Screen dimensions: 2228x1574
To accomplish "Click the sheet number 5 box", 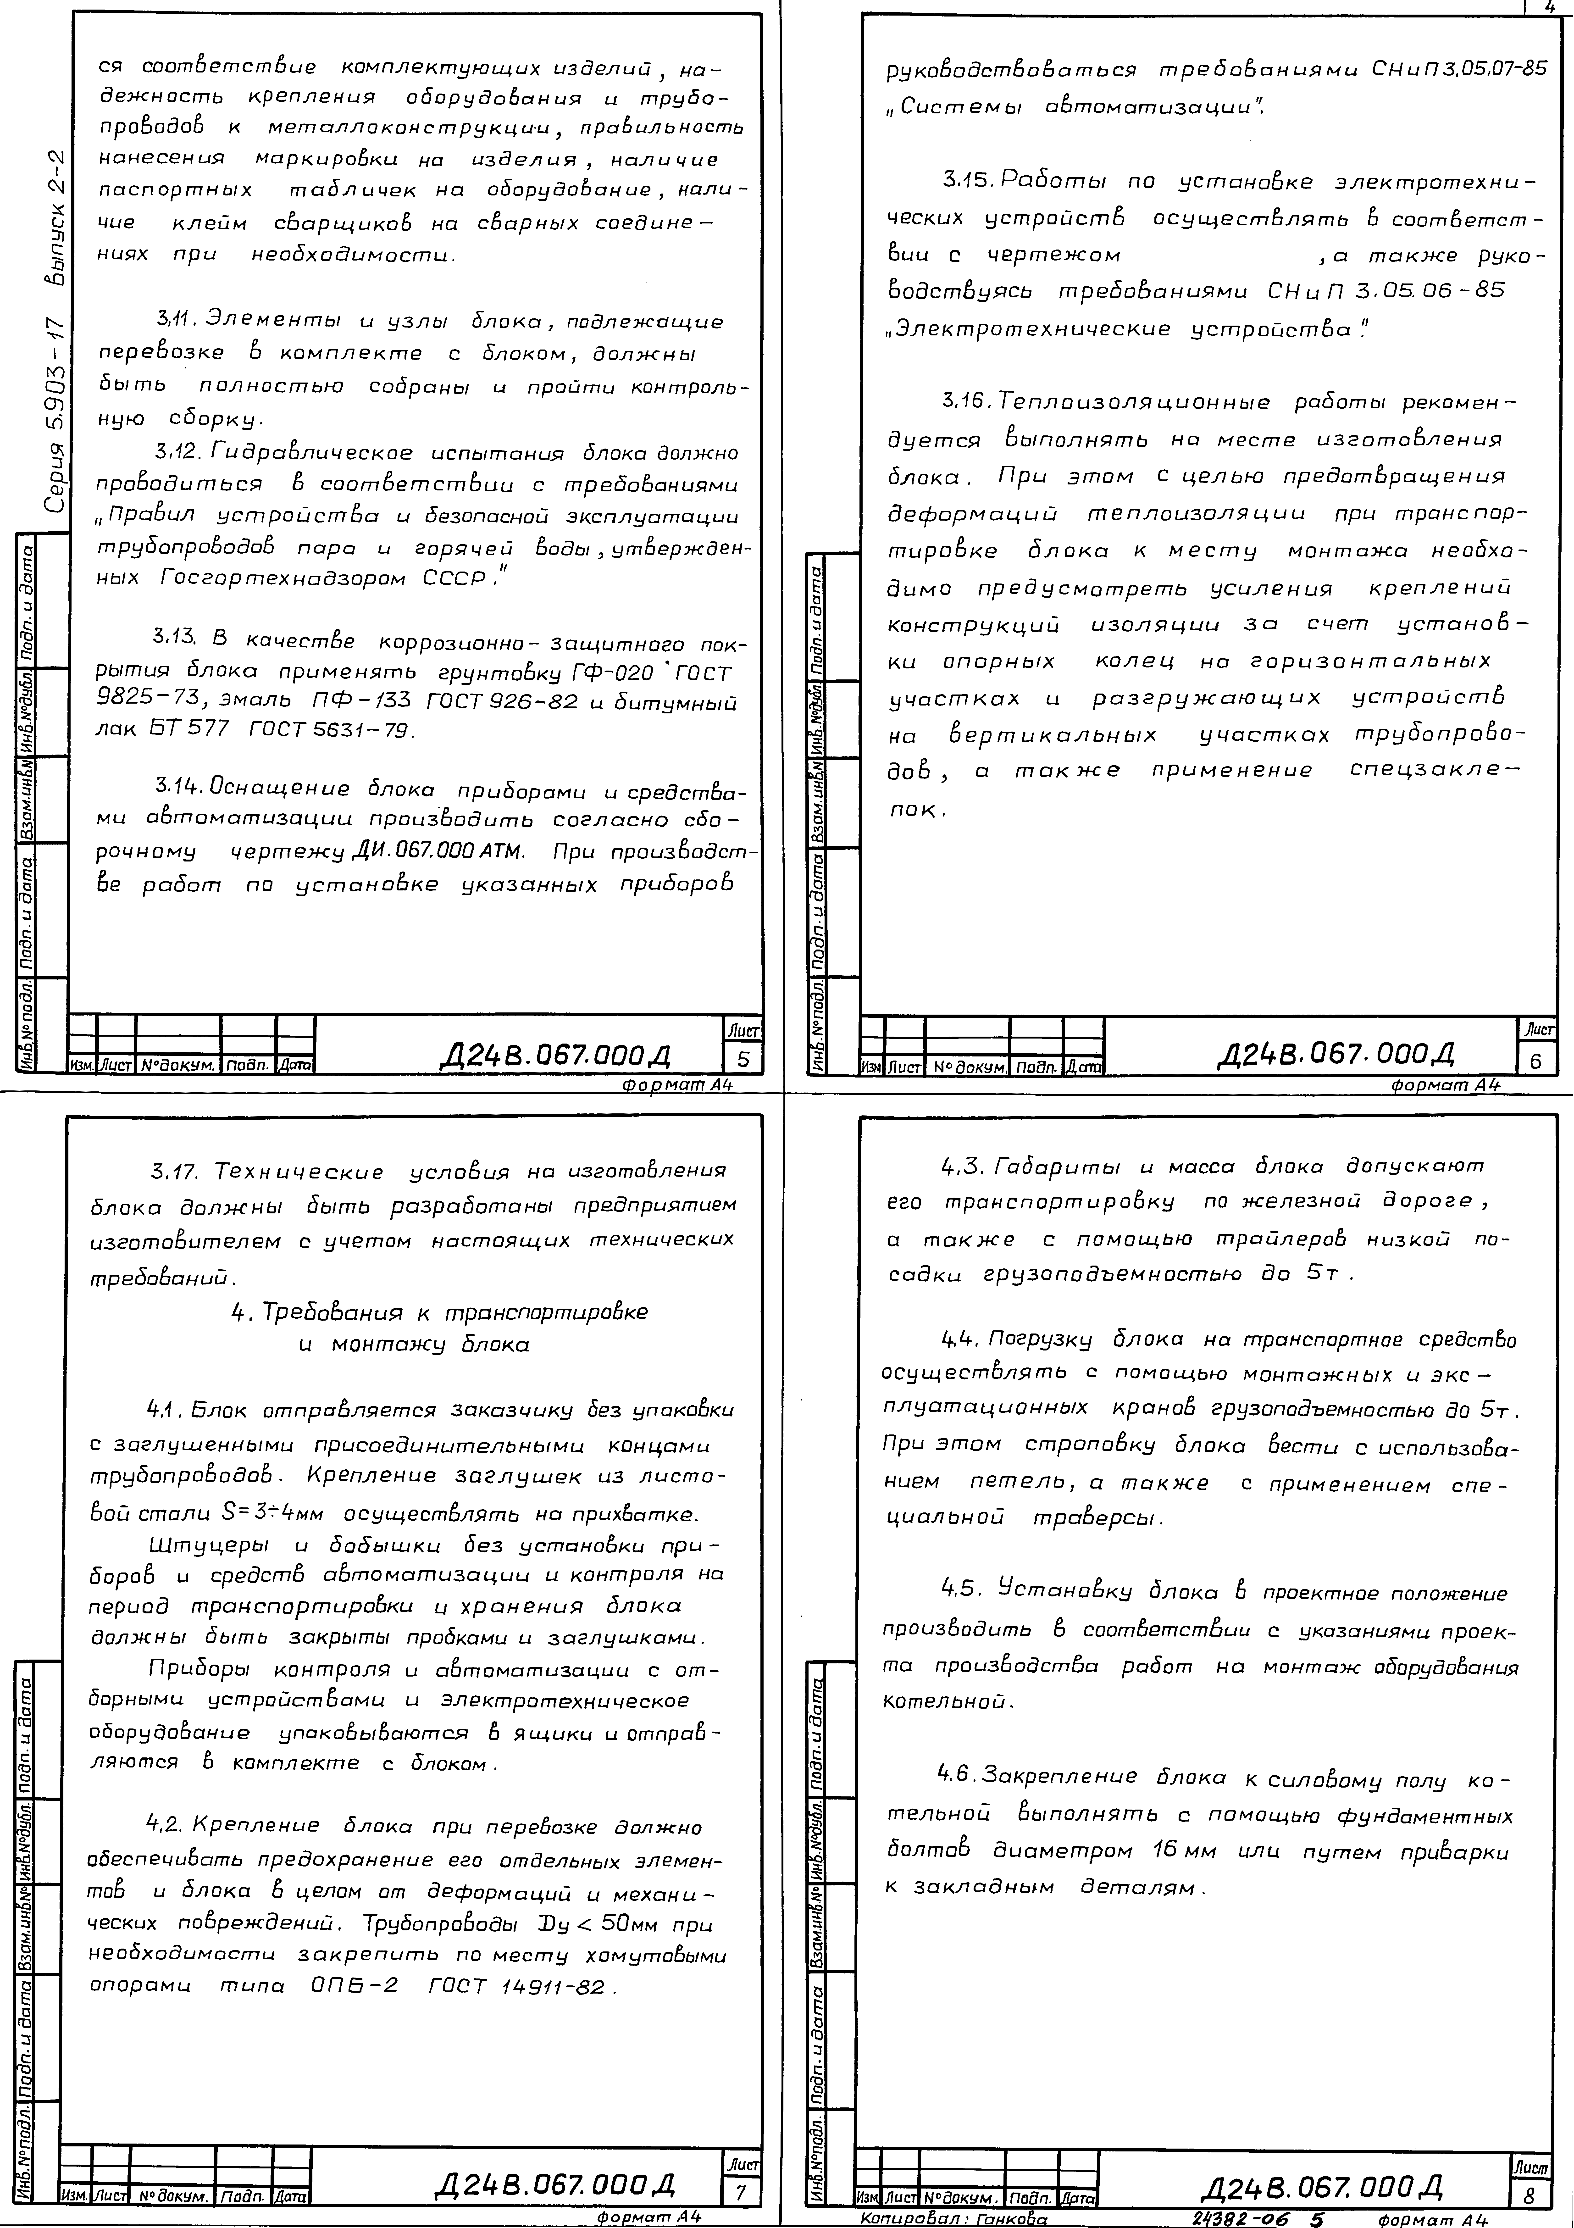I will pos(744,1058).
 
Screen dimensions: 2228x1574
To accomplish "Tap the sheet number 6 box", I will pos(1535,1061).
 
